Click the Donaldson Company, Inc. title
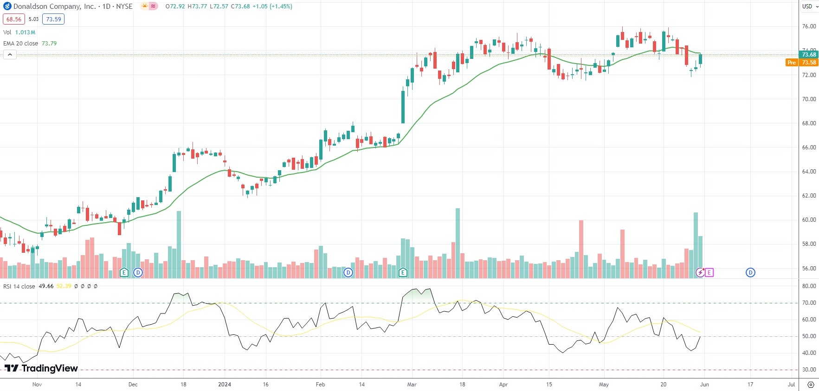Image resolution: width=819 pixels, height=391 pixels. tap(54, 6)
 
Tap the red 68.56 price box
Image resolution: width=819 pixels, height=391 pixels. tap(14, 19)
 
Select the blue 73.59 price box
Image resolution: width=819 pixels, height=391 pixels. tap(53, 19)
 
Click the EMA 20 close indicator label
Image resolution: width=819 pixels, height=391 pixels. tap(21, 43)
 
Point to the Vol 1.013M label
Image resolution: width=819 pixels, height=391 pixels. tap(19, 32)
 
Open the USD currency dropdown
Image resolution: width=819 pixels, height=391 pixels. tap(810, 6)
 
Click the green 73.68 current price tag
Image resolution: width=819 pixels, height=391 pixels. tap(809, 55)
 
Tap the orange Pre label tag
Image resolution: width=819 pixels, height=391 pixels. tap(792, 62)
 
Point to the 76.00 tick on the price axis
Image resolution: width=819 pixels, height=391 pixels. tap(809, 26)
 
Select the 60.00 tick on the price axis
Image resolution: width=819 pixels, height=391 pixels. tap(809, 220)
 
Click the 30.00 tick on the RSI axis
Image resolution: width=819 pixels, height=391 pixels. tap(809, 370)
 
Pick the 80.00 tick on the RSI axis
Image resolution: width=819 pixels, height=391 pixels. tap(809, 286)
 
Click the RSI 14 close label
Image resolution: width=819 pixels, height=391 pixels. tap(19, 286)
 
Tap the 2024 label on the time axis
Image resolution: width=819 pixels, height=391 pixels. tap(225, 385)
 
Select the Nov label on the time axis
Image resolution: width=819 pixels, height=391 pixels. tap(37, 385)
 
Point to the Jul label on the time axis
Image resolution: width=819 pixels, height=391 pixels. tap(791, 385)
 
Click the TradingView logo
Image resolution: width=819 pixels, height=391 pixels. tap(41, 368)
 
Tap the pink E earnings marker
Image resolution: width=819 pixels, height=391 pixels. tap(709, 272)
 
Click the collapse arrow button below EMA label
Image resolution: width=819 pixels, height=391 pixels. tap(10, 55)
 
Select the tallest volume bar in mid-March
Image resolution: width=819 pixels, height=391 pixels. tap(458, 244)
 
